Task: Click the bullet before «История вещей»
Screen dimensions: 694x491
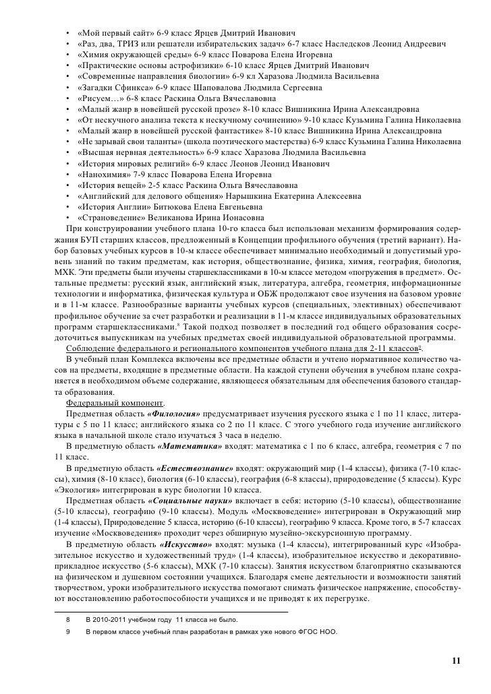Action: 69,185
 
